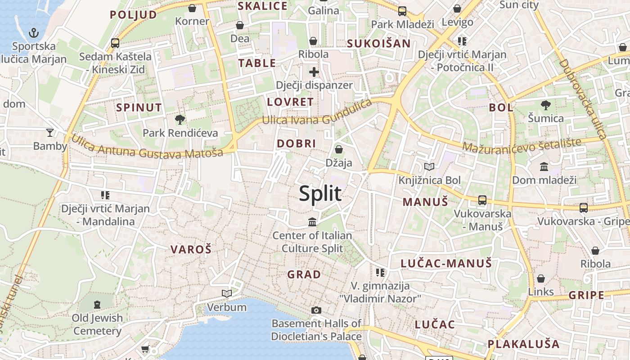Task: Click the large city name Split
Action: click(320, 193)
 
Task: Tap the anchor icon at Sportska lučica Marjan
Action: click(34, 32)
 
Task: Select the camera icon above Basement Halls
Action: click(316, 310)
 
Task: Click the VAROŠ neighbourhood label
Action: click(191, 249)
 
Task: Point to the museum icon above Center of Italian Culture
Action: click(312, 222)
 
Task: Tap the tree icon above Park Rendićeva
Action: click(180, 120)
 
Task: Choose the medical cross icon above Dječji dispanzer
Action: click(314, 72)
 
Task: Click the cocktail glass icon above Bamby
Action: click(50, 133)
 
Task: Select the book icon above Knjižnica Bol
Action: click(430, 167)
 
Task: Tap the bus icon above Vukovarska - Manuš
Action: click(482, 200)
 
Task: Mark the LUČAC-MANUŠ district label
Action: click(446, 263)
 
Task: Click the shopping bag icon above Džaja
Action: click(339, 149)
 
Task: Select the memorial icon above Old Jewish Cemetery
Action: click(97, 305)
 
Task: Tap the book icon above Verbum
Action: click(227, 294)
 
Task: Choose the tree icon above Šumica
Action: click(545, 105)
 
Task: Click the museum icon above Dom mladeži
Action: click(544, 167)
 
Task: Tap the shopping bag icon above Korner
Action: click(192, 8)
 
